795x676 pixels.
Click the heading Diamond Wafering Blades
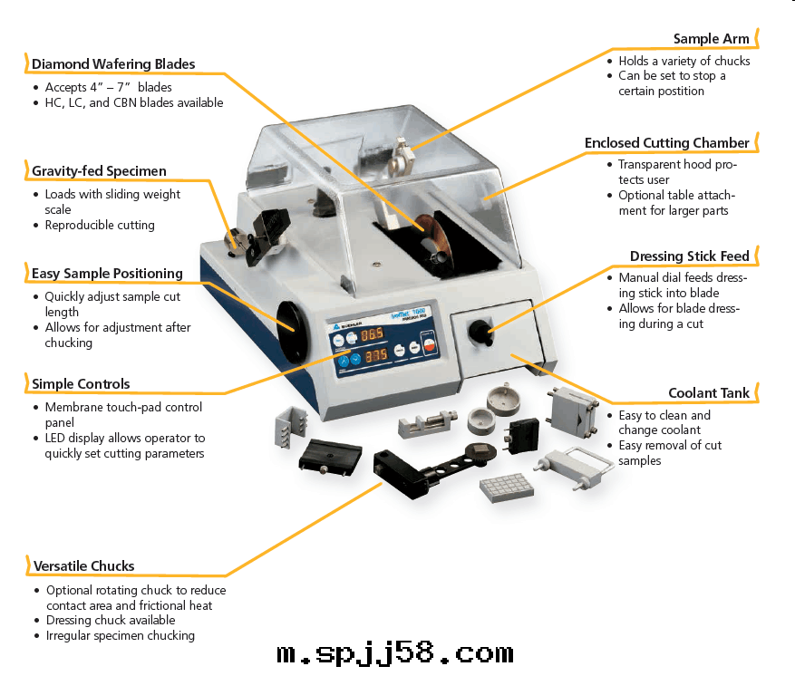(113, 64)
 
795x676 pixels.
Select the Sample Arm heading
(712, 39)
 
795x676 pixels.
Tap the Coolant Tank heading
(709, 393)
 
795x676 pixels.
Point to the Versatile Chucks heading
(83, 566)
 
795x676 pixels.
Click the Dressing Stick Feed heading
(690, 256)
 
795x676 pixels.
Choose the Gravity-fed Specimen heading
(99, 171)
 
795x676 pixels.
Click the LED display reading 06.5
(373, 335)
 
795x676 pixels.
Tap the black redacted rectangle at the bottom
(396, 651)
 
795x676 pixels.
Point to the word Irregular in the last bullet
(73, 635)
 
